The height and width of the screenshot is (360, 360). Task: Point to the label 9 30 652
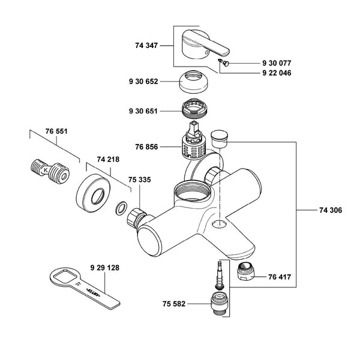click(x=144, y=82)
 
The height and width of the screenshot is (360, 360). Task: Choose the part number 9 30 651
click(x=144, y=111)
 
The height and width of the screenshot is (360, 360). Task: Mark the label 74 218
click(x=108, y=161)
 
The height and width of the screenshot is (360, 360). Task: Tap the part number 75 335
click(x=140, y=179)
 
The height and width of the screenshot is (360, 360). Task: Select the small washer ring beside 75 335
click(x=121, y=208)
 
